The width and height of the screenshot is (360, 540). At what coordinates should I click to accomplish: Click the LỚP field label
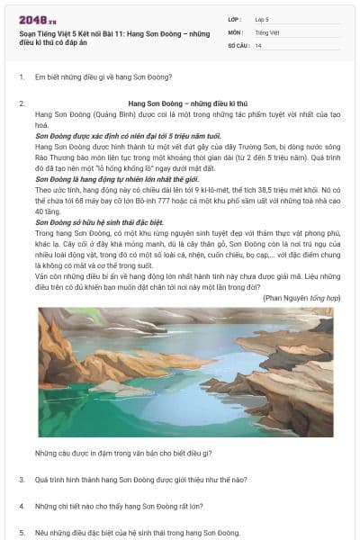coord(236,19)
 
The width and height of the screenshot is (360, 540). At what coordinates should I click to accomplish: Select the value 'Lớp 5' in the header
coord(262,19)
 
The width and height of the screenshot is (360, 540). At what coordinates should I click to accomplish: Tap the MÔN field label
coord(237,31)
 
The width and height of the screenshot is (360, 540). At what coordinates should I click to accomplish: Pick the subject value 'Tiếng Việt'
coord(267,31)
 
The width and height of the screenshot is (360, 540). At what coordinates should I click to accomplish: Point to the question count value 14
coord(258,44)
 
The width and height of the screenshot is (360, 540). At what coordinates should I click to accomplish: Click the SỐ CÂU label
coord(238,44)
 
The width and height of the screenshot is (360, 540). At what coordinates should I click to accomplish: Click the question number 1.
coord(21,77)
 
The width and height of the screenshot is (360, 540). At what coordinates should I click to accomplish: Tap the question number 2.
coord(21,104)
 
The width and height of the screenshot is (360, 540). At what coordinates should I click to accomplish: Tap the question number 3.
coord(21,480)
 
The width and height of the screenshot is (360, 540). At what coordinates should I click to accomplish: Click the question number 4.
coord(21,506)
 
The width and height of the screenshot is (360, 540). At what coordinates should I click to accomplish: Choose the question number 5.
coord(21,532)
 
